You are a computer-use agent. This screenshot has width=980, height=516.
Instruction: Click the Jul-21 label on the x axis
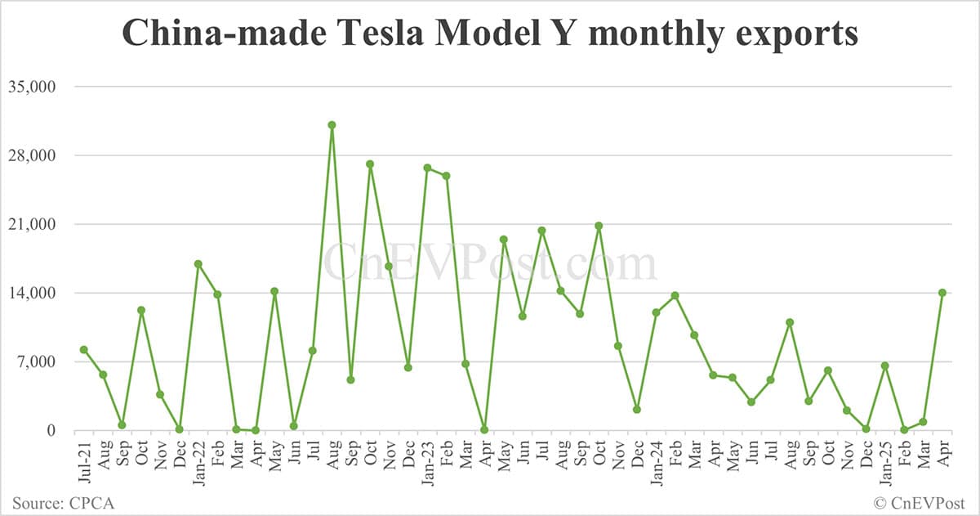(84, 460)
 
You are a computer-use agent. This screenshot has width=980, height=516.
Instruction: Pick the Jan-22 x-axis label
(198, 460)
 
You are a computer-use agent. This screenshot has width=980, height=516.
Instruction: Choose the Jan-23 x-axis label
(427, 460)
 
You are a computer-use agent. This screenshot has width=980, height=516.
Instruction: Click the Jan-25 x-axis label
(884, 460)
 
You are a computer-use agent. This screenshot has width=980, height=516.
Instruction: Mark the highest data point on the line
(332, 125)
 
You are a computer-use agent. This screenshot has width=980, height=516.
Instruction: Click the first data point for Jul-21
(84, 350)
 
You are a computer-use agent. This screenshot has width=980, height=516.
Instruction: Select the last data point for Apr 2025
(942, 293)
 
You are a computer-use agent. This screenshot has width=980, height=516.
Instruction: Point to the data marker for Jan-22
(198, 264)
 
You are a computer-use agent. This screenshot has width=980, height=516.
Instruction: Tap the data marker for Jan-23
(427, 168)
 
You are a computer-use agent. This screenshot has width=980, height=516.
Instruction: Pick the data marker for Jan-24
(656, 312)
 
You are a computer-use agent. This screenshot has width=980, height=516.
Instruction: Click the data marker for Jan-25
(884, 366)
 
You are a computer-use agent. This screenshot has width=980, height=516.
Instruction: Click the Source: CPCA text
(63, 502)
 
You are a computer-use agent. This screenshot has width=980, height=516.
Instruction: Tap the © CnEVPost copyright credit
(920, 502)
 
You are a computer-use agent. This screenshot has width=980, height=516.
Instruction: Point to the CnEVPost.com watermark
(490, 264)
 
